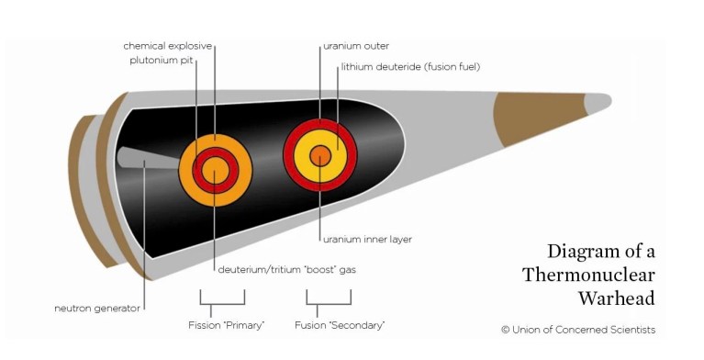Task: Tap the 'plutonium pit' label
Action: coord(161,62)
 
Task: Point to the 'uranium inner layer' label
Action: coord(367,239)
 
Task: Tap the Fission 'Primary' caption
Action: coord(223,325)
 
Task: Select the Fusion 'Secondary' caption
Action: coord(339,325)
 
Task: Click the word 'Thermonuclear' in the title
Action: coord(588,275)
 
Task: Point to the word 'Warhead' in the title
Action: coord(616,298)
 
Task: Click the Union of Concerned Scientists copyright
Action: coord(578,330)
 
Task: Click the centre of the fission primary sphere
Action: coord(215,171)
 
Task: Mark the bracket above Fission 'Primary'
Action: coord(223,298)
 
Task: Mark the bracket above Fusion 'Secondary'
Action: coord(329,298)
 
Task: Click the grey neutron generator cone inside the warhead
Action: coord(147,159)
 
